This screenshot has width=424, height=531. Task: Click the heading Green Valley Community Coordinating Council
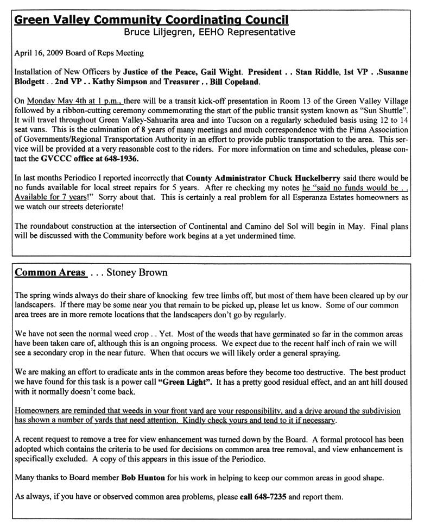(151, 21)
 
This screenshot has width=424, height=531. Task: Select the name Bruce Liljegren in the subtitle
(159, 32)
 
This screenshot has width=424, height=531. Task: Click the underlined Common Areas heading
(50, 272)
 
